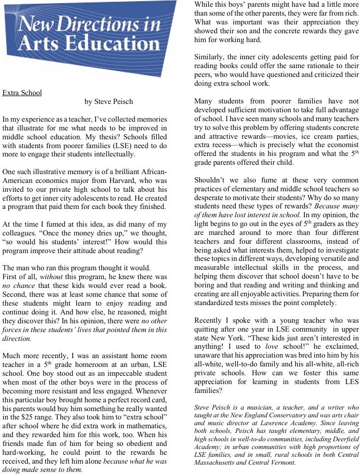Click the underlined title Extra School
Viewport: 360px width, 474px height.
tap(22, 93)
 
